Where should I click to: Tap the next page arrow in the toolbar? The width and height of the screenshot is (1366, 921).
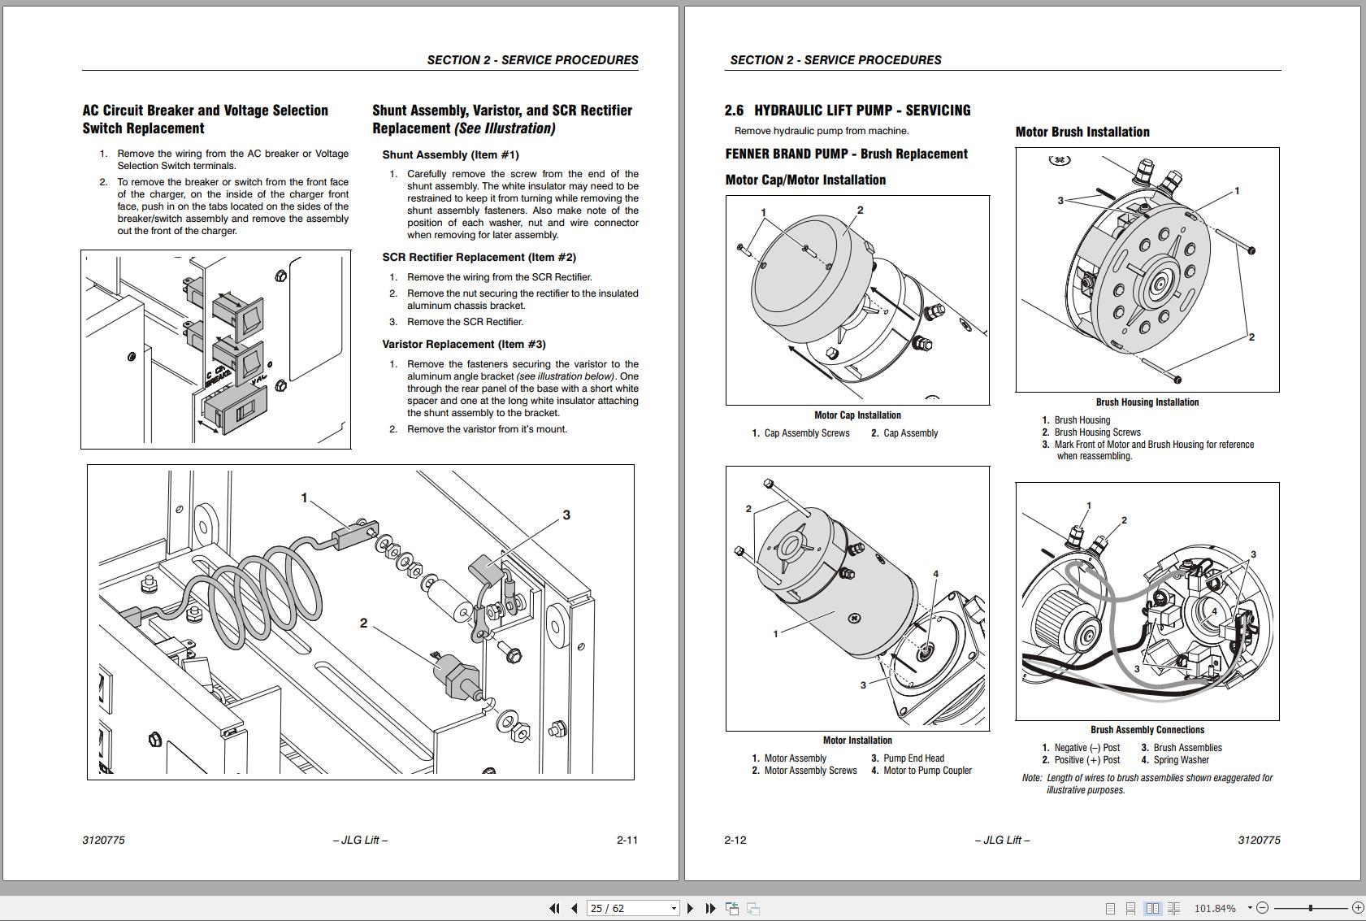coord(690,908)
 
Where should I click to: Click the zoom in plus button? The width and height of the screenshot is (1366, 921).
coord(1357,908)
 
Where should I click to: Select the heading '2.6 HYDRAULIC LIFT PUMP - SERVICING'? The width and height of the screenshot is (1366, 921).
coord(848,111)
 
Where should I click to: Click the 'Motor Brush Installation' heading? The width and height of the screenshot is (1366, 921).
coord(1082,132)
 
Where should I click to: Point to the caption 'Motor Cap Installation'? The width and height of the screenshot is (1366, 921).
coord(857,415)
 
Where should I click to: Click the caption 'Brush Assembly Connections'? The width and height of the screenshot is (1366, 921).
coord(1147,730)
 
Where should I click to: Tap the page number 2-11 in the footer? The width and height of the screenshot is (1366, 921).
coord(627,840)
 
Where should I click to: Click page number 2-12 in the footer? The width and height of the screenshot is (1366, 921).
coord(735,840)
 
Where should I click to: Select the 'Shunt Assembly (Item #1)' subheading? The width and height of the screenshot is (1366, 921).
coord(450,154)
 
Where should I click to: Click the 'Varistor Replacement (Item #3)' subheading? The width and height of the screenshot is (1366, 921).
coord(464,344)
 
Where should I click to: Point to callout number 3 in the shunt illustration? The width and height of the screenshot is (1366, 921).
coord(566,515)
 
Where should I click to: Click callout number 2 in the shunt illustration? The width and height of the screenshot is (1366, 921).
coord(363,623)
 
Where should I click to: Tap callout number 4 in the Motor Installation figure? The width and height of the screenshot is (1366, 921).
coord(935,574)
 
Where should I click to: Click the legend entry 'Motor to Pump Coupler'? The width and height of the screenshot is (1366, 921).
coord(927,771)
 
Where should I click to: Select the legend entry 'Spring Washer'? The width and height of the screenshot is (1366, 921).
coord(1181,760)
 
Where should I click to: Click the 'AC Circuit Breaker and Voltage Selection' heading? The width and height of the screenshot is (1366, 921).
coord(205,111)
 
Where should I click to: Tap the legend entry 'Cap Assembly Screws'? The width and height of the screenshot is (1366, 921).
coord(806,433)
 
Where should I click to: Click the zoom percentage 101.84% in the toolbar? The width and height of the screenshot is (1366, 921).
coord(1214,908)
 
